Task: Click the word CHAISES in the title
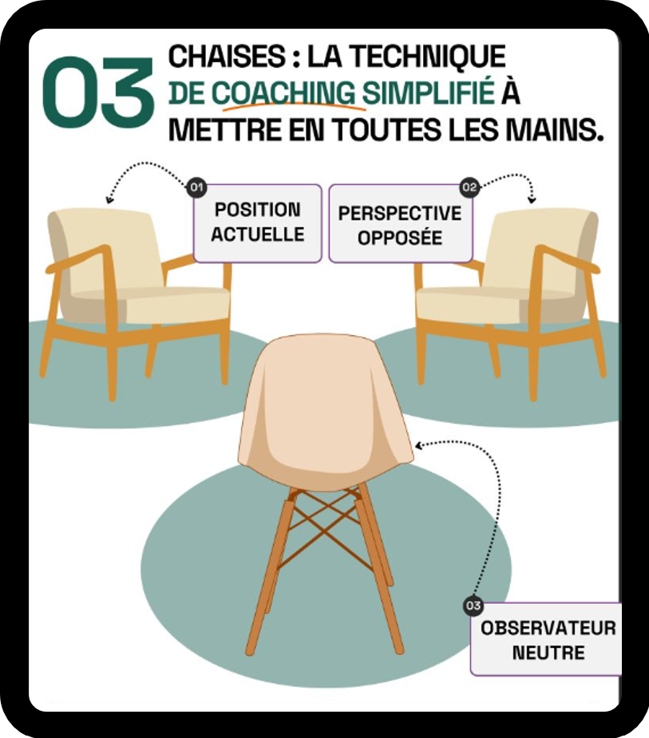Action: click(x=227, y=57)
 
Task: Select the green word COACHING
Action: click(x=283, y=93)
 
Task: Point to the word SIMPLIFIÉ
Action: click(x=428, y=93)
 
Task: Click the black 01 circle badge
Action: click(x=196, y=187)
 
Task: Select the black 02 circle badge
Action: click(x=469, y=187)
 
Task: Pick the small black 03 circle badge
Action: click(x=473, y=606)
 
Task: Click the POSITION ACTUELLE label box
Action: click(x=258, y=223)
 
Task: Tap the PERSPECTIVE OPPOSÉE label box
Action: click(x=400, y=223)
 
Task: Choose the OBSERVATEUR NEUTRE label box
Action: click(x=547, y=639)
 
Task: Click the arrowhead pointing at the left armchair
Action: click(x=109, y=199)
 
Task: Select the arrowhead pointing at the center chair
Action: click(x=418, y=445)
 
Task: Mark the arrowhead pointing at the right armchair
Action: click(x=532, y=199)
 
